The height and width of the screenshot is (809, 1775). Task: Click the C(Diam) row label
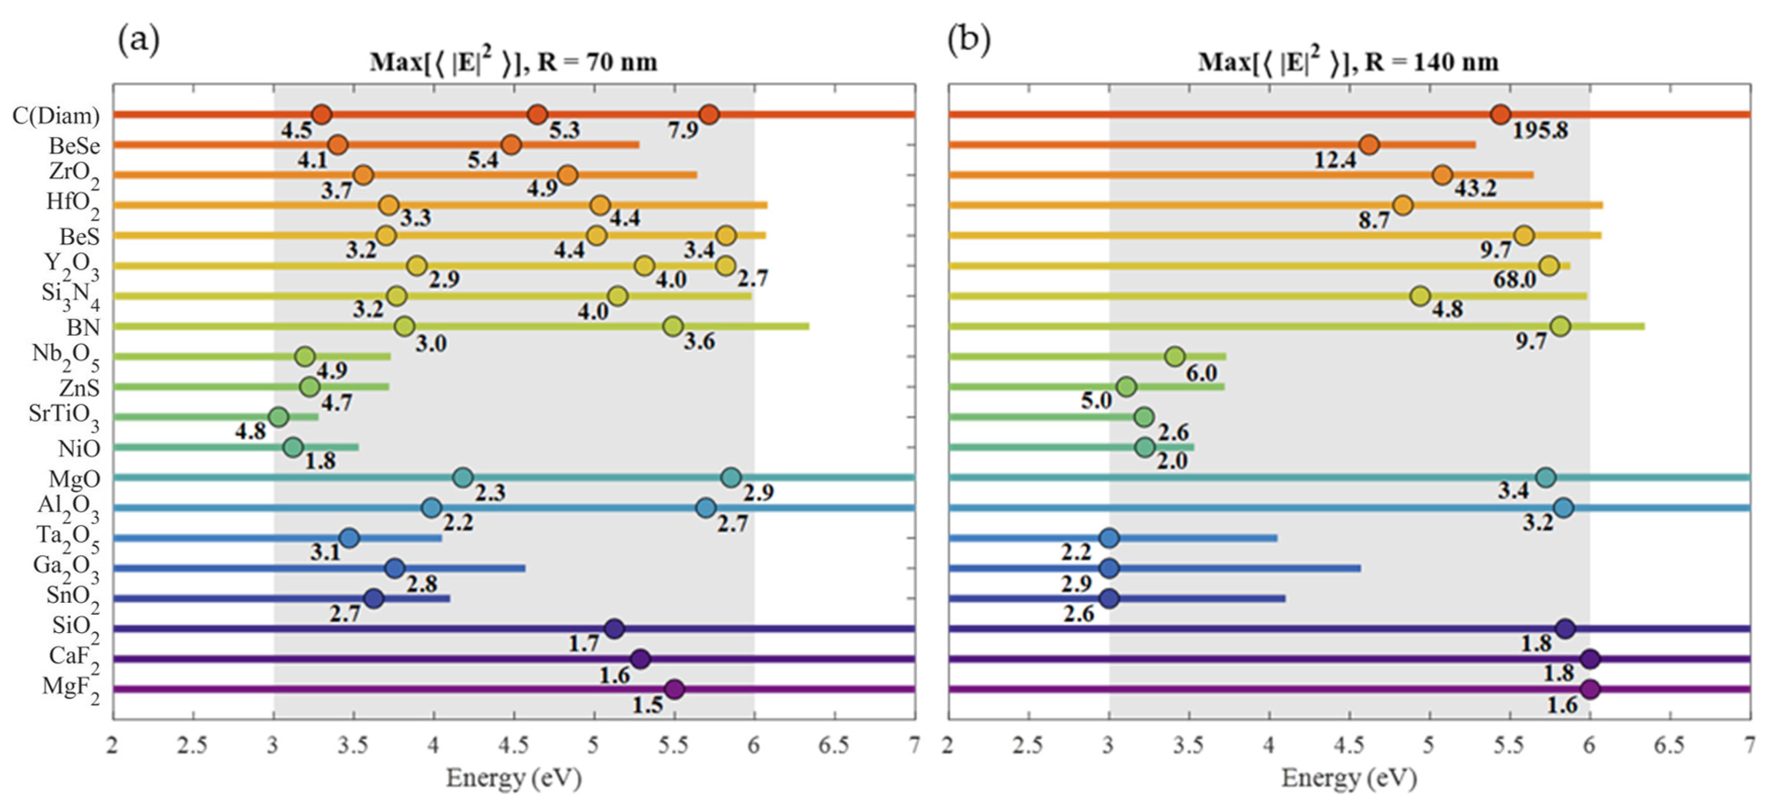click(x=56, y=116)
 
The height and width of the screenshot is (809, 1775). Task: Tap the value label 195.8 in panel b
click(x=1540, y=130)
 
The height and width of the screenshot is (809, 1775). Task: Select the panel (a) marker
click(x=139, y=40)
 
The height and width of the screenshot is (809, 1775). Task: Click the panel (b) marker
click(x=969, y=40)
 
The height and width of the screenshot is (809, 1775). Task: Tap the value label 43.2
click(x=1475, y=188)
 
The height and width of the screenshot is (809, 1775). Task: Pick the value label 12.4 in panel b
click(x=1335, y=160)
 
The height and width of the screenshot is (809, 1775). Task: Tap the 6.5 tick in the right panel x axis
click(x=1670, y=746)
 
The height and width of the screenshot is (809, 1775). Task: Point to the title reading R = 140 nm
click(x=1348, y=63)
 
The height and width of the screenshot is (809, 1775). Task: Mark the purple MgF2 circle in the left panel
click(x=675, y=689)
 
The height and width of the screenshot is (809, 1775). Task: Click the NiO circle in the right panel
click(x=1145, y=447)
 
